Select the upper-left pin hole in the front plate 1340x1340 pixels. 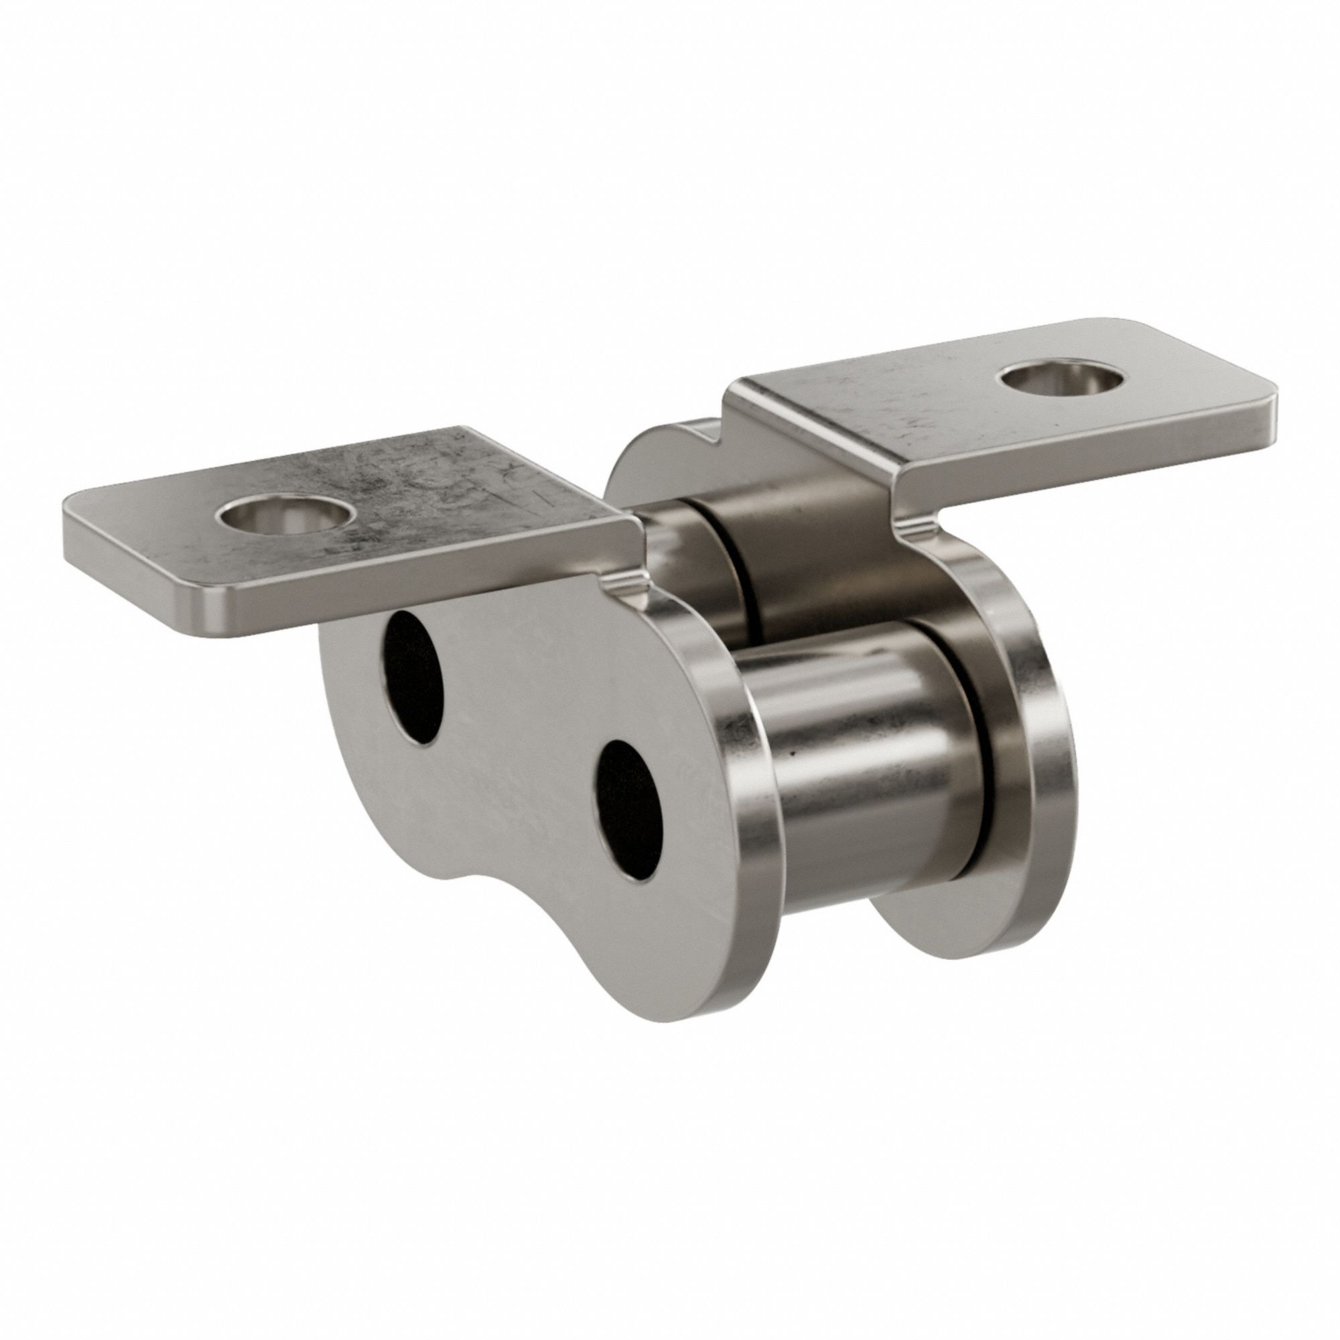click(x=415, y=678)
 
